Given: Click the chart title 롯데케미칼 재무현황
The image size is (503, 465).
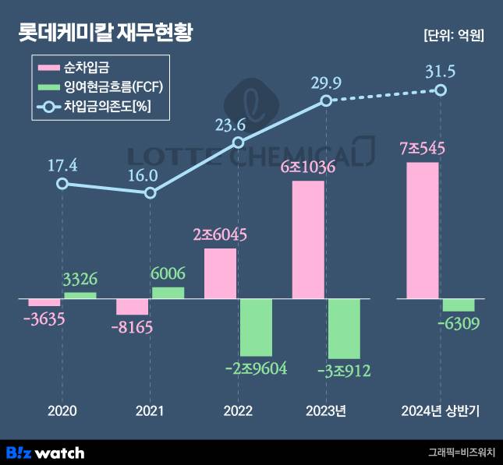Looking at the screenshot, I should pos(105,33).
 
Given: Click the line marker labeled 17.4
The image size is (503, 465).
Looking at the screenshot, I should pos(62,184).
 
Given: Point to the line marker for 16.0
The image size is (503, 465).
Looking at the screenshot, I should pos(151,192).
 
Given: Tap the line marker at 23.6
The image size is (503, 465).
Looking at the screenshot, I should pos(239,143).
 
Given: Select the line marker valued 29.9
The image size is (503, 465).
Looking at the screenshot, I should pos(327,101).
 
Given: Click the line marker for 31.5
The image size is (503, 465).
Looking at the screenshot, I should pos(441,90).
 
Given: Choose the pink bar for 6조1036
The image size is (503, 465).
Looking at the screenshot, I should pos(308,239).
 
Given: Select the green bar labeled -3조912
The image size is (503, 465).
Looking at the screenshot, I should pos(344,328).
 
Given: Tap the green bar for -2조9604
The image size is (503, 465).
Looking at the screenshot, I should pos(256,327).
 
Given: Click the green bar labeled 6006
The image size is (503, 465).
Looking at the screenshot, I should pos(168,292).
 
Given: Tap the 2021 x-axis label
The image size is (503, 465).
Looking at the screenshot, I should pos(150,410).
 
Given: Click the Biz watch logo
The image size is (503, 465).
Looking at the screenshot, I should pos(45,452).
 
